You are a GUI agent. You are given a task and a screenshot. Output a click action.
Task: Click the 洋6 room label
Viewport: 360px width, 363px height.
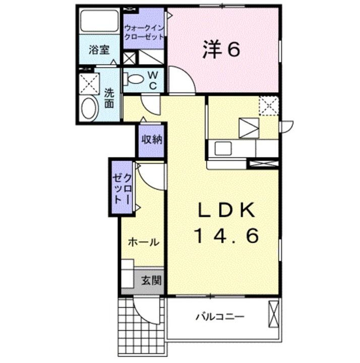[x=221, y=49]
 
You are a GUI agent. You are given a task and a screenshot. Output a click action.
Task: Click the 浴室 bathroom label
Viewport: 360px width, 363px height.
[x=98, y=50]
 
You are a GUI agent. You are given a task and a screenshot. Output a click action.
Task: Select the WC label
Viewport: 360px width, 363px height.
[x=152, y=80]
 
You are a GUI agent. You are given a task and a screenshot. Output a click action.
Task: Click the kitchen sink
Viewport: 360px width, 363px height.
[x=222, y=148]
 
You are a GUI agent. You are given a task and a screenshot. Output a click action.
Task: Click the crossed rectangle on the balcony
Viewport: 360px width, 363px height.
[x=273, y=313]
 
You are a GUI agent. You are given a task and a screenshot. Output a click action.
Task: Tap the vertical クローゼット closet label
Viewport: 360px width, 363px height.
[x=123, y=187]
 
